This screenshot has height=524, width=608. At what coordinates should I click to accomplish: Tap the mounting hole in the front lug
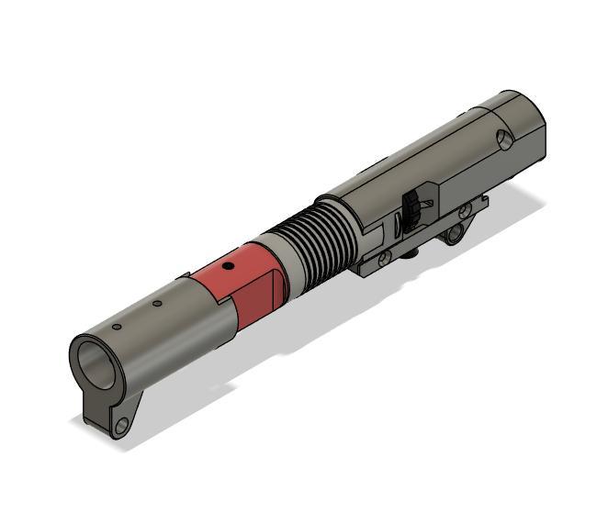(x=120, y=425)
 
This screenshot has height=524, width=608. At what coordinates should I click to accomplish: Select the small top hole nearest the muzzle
(x=117, y=326)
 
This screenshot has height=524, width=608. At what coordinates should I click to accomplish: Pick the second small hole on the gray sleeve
(x=157, y=304)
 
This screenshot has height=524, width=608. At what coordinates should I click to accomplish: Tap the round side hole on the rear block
(x=503, y=139)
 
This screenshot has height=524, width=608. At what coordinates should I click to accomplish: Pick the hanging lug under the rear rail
(x=453, y=236)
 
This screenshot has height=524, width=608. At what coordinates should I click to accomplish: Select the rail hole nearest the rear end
(x=465, y=210)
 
